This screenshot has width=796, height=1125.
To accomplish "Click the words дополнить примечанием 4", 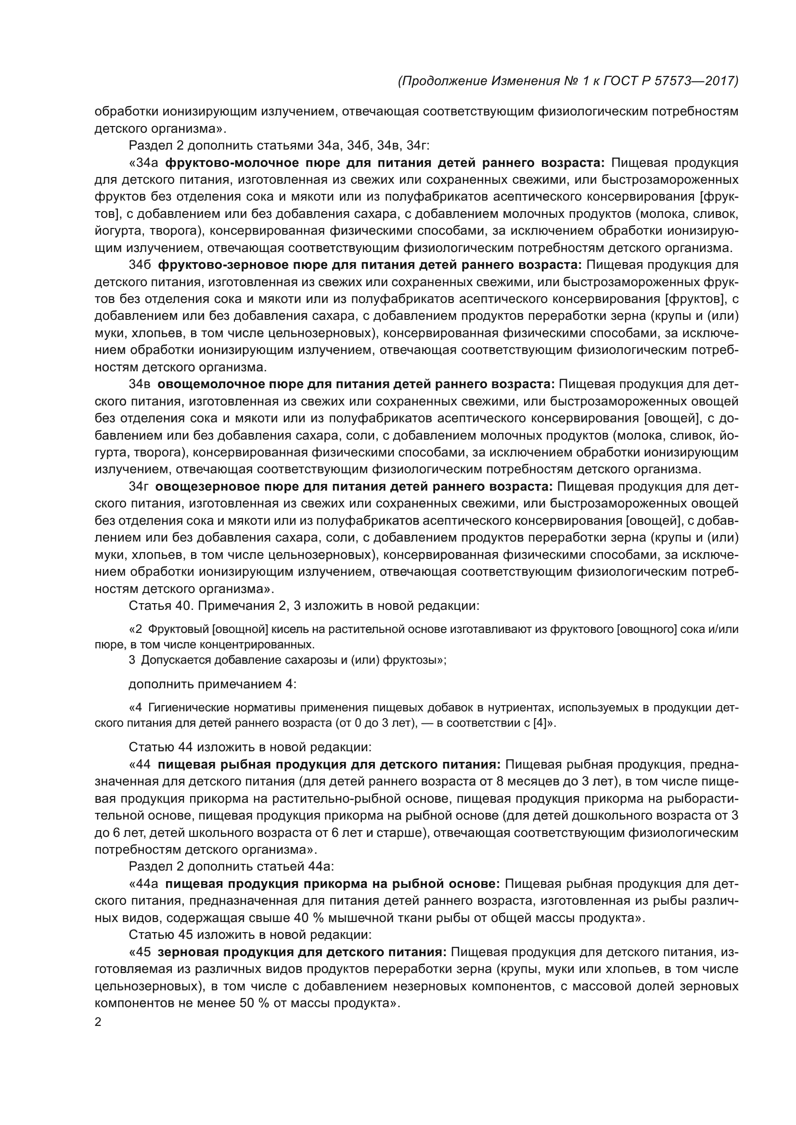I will click(212, 684).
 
